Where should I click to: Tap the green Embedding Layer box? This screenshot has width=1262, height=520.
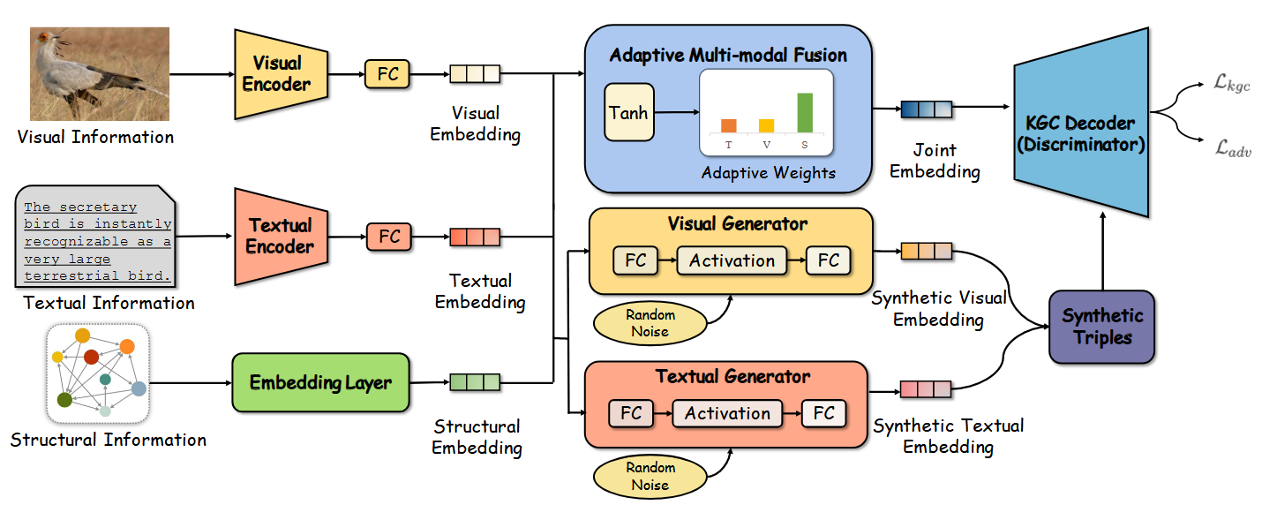[320, 382]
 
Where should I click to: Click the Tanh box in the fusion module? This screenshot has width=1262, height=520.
[628, 112]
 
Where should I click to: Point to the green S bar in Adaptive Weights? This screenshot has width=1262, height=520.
[804, 112]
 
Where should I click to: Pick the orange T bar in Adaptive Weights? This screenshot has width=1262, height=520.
[728, 125]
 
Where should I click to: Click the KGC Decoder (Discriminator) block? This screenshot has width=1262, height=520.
[1081, 133]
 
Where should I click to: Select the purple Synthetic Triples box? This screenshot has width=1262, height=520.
[1101, 327]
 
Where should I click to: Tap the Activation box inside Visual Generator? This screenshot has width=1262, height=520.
[732, 260]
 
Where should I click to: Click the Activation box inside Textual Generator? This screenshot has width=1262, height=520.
[727, 413]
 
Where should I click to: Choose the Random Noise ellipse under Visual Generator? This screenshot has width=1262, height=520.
[650, 323]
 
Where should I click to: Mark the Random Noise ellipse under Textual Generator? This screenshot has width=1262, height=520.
[650, 477]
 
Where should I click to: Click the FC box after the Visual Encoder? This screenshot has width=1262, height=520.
[388, 74]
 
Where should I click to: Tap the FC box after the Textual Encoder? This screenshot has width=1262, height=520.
[389, 237]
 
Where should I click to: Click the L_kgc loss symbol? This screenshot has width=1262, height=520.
[1232, 85]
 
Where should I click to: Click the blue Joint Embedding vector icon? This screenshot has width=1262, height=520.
[926, 109]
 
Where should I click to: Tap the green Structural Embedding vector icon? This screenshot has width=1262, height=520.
[475, 382]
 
